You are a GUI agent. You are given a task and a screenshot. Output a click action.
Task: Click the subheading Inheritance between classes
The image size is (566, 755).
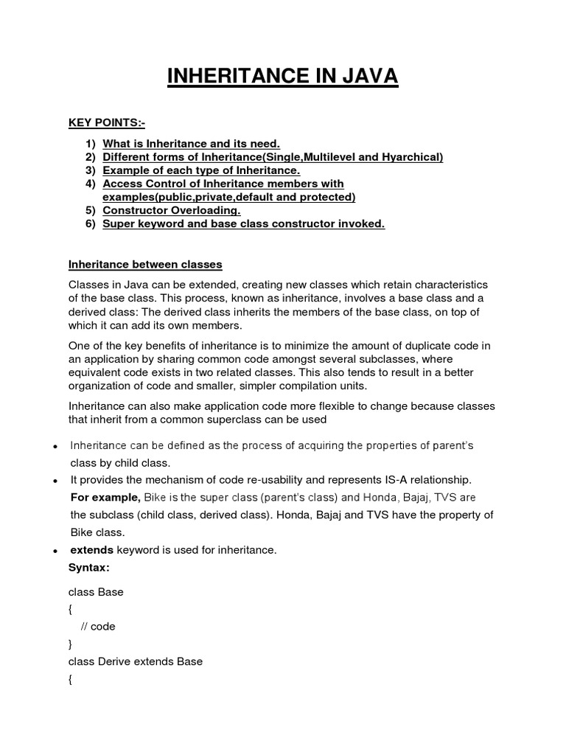coord(145,264)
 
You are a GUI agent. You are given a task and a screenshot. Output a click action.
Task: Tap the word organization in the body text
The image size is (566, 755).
coord(102,386)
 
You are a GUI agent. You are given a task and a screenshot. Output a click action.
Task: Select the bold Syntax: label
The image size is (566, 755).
coord(88,567)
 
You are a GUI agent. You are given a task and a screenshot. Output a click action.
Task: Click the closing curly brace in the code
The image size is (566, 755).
coord(71,644)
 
